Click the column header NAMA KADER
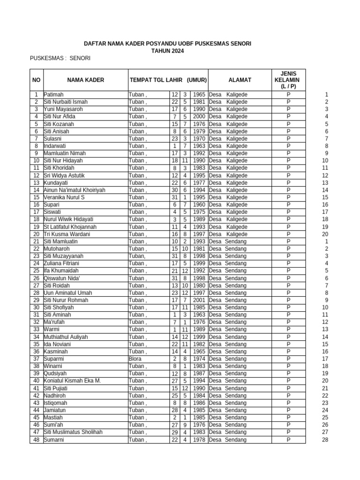pyautogui.click(x=85, y=80)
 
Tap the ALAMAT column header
pyautogui.click(x=240, y=80)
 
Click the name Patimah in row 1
pyautogui.click(x=53, y=95)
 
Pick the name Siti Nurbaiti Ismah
pyautogui.click(x=66, y=102)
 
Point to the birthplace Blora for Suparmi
pyautogui.click(x=135, y=359)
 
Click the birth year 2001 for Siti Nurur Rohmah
pyautogui.click(x=199, y=300)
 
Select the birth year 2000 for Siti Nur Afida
pyautogui.click(x=199, y=116)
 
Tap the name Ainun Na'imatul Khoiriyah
pyautogui.click(x=75, y=190)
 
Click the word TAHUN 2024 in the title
pyautogui.click(x=167, y=51)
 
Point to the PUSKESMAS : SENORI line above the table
pyautogui.click(x=60, y=58)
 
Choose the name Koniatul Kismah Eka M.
pyautogui.click(x=72, y=381)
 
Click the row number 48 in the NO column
pyautogui.click(x=36, y=440)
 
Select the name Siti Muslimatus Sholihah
pyautogui.click(x=73, y=432)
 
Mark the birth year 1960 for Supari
pyautogui.click(x=199, y=205)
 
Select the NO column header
pyautogui.click(x=36, y=80)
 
